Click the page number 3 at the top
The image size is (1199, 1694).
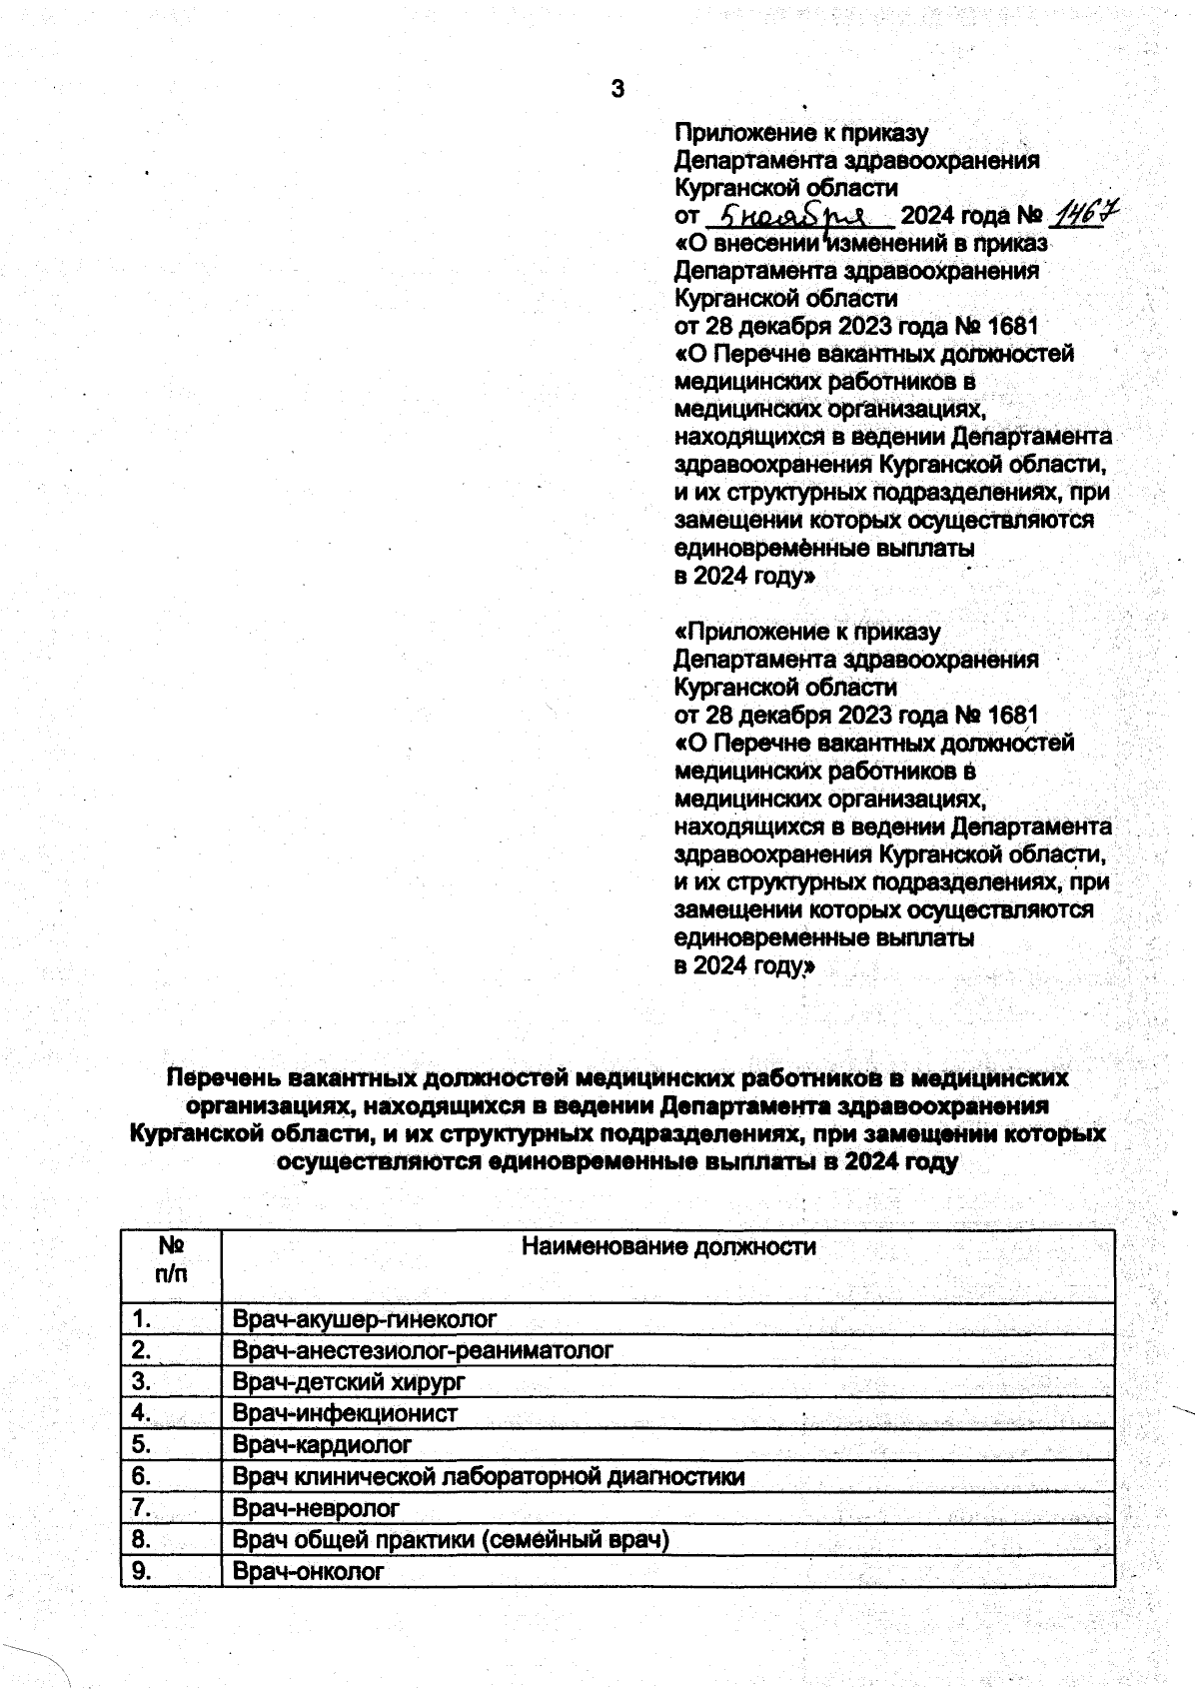[616, 90]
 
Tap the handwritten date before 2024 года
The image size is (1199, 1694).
[798, 217]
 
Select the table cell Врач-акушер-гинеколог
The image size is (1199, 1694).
[365, 1319]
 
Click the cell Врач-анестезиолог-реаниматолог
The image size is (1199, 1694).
[422, 1351]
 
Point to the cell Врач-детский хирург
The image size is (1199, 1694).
[349, 1382]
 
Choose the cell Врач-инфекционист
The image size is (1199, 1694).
[345, 1413]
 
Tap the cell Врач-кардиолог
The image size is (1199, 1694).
[322, 1445]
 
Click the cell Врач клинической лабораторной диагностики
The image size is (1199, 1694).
[488, 1476]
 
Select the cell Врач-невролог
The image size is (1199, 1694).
[316, 1508]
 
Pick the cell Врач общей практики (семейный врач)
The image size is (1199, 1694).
[450, 1539]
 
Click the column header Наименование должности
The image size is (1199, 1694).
[668, 1247]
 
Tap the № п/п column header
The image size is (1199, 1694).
[171, 1260]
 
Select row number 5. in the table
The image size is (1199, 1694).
[141, 1445]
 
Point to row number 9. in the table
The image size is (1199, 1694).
[141, 1571]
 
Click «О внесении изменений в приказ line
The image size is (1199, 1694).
[861, 243]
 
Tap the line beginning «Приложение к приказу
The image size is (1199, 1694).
[807, 633]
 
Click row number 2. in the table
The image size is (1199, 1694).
[141, 1351]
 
